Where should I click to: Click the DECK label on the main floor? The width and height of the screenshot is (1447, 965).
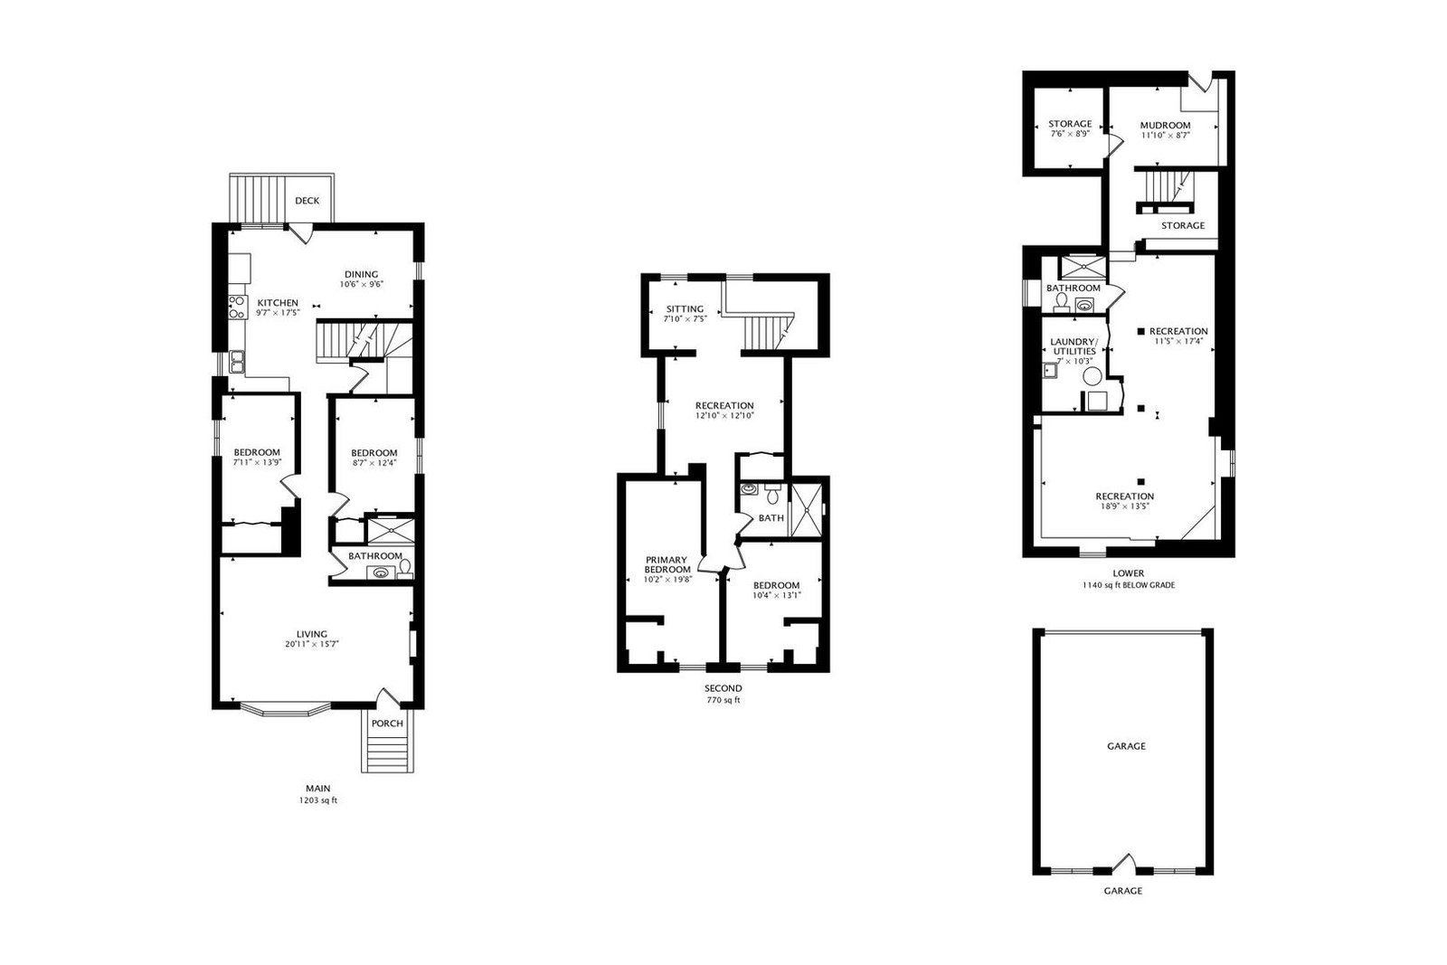pyautogui.click(x=307, y=201)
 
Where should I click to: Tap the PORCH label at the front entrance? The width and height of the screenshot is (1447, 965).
pyautogui.click(x=387, y=724)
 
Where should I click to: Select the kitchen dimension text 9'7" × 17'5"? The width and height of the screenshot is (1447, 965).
pyautogui.click(x=278, y=313)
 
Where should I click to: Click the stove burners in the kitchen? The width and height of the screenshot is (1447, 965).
pyautogui.click(x=237, y=307)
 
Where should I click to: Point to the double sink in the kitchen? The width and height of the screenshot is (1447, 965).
pyautogui.click(x=236, y=362)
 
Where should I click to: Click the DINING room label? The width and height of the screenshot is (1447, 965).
pyautogui.click(x=361, y=275)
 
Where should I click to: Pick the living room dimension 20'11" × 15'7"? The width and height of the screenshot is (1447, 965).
pyautogui.click(x=312, y=644)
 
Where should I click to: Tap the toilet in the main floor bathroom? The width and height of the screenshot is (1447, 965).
pyautogui.click(x=405, y=568)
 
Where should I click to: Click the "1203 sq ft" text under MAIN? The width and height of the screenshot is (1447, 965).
pyautogui.click(x=317, y=800)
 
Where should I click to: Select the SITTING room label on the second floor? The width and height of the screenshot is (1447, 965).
pyautogui.click(x=685, y=309)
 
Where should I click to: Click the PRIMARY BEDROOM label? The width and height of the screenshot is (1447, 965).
pyautogui.click(x=667, y=564)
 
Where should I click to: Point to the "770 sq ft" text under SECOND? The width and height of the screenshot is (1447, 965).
pyautogui.click(x=723, y=700)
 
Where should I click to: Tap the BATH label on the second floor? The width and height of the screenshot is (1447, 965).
pyautogui.click(x=771, y=518)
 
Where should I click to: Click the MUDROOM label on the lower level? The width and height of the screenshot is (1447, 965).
pyautogui.click(x=1166, y=126)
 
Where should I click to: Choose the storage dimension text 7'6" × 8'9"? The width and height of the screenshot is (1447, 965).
pyautogui.click(x=1070, y=134)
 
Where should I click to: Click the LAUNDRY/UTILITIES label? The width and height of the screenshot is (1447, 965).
pyautogui.click(x=1073, y=346)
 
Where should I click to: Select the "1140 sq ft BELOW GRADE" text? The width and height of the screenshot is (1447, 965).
pyautogui.click(x=1129, y=585)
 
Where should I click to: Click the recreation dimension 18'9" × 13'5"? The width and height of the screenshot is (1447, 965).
pyautogui.click(x=1125, y=506)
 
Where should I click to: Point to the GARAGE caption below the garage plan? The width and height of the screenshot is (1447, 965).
pyautogui.click(x=1122, y=891)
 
